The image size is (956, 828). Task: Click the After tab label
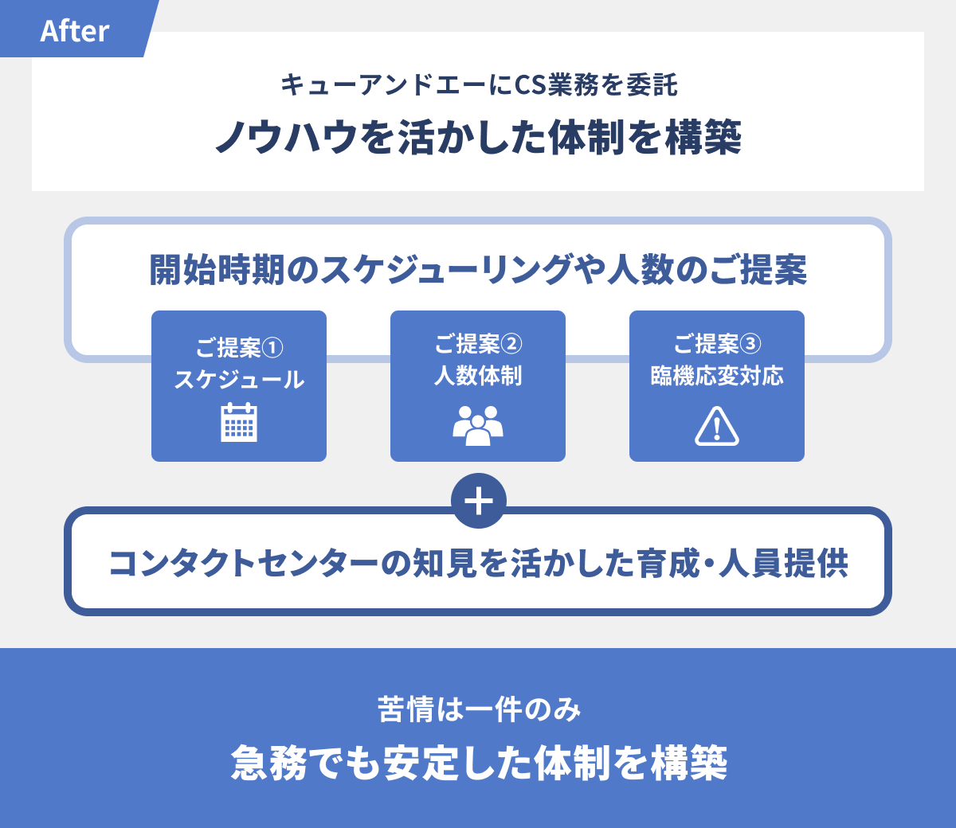[x=74, y=31]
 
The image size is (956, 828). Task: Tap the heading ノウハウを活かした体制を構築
[x=478, y=137]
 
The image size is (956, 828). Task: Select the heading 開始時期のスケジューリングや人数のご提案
[x=478, y=270]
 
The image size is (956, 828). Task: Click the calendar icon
[x=239, y=421]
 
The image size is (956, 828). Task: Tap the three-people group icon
[x=478, y=425]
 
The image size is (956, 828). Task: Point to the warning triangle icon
[x=717, y=425]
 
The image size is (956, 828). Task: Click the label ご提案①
[x=239, y=348]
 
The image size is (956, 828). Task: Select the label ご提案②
[x=478, y=344]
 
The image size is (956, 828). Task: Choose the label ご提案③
[x=717, y=344]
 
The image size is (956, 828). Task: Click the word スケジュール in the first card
[x=239, y=380]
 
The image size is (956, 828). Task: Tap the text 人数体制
[x=478, y=376]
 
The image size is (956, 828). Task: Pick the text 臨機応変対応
[x=717, y=376]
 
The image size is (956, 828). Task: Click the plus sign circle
[x=478, y=502]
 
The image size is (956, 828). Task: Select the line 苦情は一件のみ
[x=478, y=709]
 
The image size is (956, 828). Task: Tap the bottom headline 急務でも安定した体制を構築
[x=478, y=763]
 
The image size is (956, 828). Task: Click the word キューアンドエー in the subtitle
[x=382, y=84]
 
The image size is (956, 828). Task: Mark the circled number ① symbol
[x=272, y=349]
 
